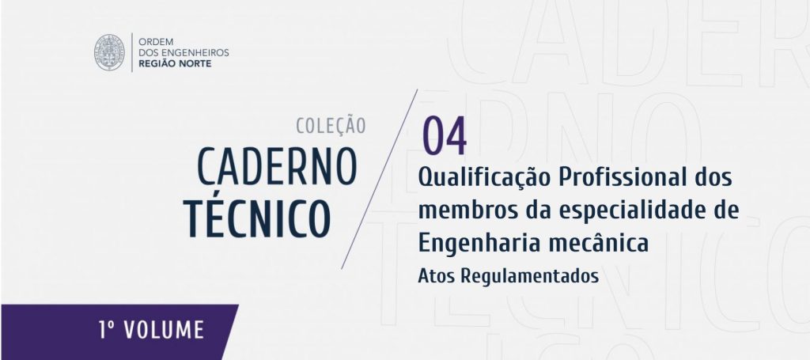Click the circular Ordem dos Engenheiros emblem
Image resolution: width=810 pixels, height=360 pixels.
(109, 52)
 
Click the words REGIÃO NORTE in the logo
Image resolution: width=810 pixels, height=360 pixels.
(175, 63)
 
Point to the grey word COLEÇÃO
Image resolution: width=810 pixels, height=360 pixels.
(331, 126)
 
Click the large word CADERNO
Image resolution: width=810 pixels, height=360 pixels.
(278, 167)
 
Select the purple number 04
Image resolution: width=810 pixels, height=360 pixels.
(445, 137)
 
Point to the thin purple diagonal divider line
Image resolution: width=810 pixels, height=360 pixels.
(379, 180)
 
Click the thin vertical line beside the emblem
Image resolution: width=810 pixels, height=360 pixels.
(132, 52)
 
